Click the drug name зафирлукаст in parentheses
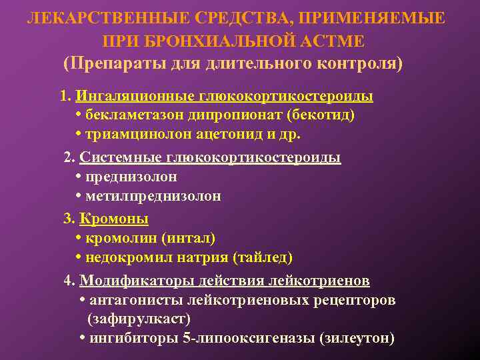[x=139, y=319]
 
